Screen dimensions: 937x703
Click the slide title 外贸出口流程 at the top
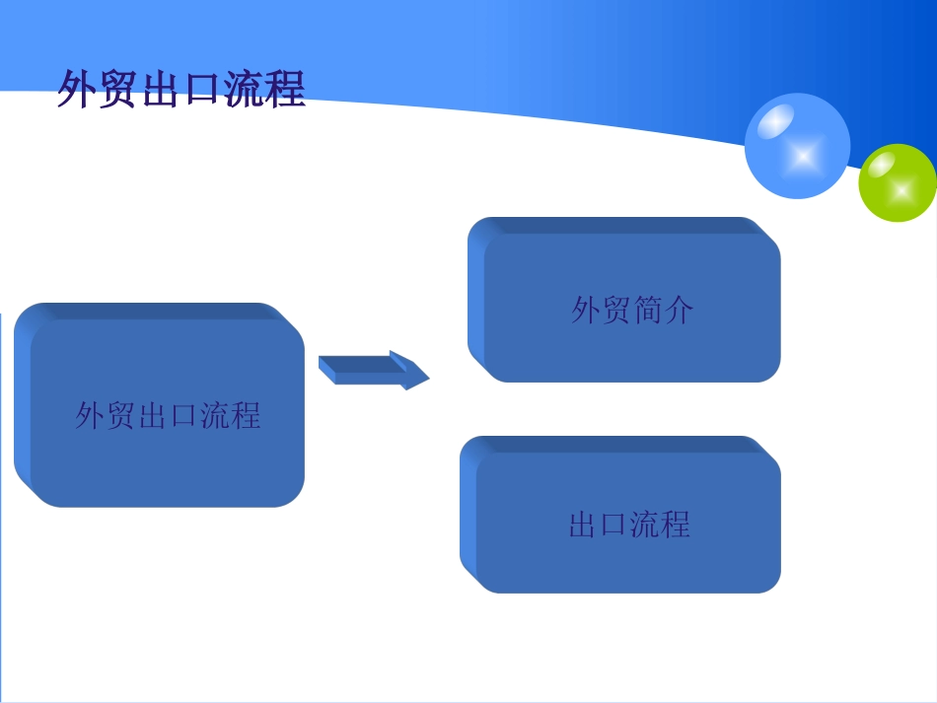click(x=181, y=89)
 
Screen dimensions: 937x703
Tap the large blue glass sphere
click(x=797, y=146)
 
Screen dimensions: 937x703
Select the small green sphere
click(x=897, y=182)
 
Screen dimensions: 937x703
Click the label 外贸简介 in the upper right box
click(x=632, y=310)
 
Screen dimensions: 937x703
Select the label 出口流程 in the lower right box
click(x=629, y=524)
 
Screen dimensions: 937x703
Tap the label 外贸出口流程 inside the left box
click(x=168, y=414)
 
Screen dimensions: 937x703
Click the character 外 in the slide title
click(x=78, y=89)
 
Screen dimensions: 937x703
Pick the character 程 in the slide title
click(x=285, y=89)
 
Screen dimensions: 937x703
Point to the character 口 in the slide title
click(x=202, y=90)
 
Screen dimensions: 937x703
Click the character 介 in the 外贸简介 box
click(x=679, y=310)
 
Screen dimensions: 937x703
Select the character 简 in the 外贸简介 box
click(x=648, y=310)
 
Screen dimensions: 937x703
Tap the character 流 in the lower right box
click(x=645, y=524)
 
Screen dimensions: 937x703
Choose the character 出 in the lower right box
click(x=584, y=524)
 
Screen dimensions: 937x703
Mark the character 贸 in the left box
click(x=121, y=414)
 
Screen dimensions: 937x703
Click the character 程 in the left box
click(x=246, y=414)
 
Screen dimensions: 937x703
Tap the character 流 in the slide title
click(x=244, y=89)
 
